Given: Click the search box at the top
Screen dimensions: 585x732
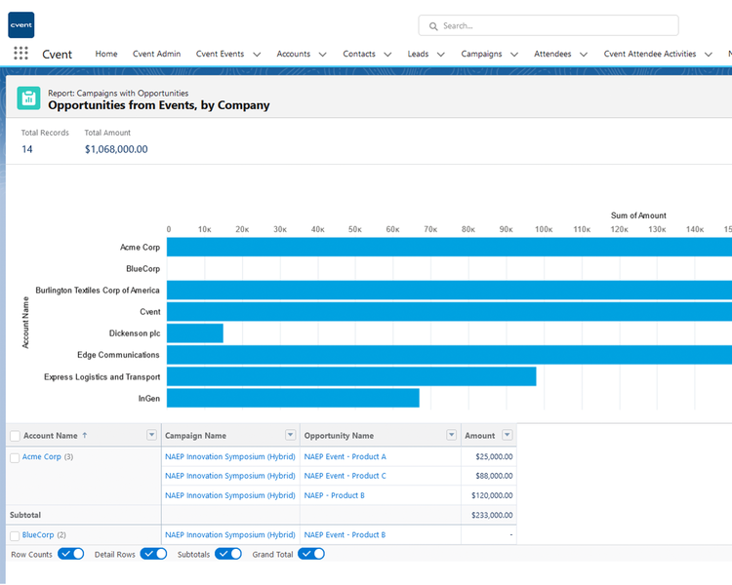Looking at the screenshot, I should tap(548, 25).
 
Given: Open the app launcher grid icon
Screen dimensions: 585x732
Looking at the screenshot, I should tap(20, 54).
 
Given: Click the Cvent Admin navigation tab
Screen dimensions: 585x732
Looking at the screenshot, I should tap(156, 55).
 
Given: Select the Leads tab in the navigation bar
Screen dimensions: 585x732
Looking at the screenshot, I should tap(418, 55).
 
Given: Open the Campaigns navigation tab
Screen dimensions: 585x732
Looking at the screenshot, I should tap(481, 55).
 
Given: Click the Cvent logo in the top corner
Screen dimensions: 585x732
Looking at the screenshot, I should tap(20, 24).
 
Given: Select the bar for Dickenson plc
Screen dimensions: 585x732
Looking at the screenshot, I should tap(195, 333).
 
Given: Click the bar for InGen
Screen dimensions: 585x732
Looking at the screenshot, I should tap(293, 398).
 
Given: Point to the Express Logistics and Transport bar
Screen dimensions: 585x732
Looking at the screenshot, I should tap(351, 376).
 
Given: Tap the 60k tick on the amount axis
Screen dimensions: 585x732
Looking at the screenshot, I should tap(392, 229).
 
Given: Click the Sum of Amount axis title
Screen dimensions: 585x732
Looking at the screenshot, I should tap(638, 215).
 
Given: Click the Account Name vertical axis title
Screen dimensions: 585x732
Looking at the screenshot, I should tap(25, 323).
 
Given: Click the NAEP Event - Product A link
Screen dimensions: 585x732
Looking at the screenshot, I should tap(345, 456).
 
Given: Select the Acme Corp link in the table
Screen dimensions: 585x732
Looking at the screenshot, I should tap(41, 456).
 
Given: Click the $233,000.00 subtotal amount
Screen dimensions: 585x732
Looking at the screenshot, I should tap(490, 515).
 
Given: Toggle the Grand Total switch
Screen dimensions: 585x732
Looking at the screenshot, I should tap(311, 554).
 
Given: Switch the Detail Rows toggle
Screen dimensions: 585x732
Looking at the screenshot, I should tap(153, 554).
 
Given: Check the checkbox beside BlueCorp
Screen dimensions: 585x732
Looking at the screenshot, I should tap(15, 535).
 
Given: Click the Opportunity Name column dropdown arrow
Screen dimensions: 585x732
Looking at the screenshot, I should tap(451, 435).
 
